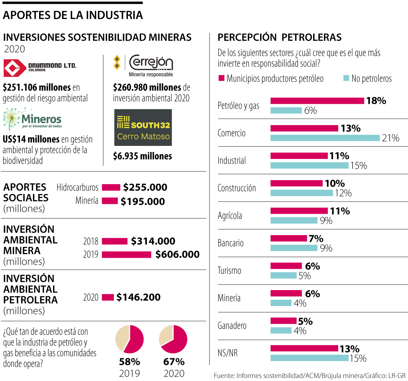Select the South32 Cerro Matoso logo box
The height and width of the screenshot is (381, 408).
(143, 128)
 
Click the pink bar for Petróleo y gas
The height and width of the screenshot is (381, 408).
(317, 101)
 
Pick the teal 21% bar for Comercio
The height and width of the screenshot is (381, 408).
(325, 138)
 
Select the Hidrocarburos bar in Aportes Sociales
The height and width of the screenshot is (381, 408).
(111, 187)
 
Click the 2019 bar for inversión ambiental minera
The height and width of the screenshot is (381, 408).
(126, 254)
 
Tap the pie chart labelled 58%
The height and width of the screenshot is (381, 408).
(130, 339)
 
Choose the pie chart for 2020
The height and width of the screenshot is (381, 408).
(173, 339)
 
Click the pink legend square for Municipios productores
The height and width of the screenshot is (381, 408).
(221, 78)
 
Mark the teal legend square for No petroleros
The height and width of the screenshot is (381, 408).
(346, 78)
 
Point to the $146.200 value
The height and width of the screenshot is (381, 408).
(138, 297)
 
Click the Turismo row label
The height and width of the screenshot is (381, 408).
(230, 271)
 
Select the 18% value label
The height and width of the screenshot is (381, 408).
(376, 101)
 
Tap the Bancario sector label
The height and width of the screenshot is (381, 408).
(231, 243)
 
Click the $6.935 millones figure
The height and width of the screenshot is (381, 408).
(142, 156)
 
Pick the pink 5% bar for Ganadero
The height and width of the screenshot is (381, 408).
(284, 321)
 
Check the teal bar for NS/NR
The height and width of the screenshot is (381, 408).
(309, 358)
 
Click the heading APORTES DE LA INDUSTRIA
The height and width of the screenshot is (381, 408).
(73, 15)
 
